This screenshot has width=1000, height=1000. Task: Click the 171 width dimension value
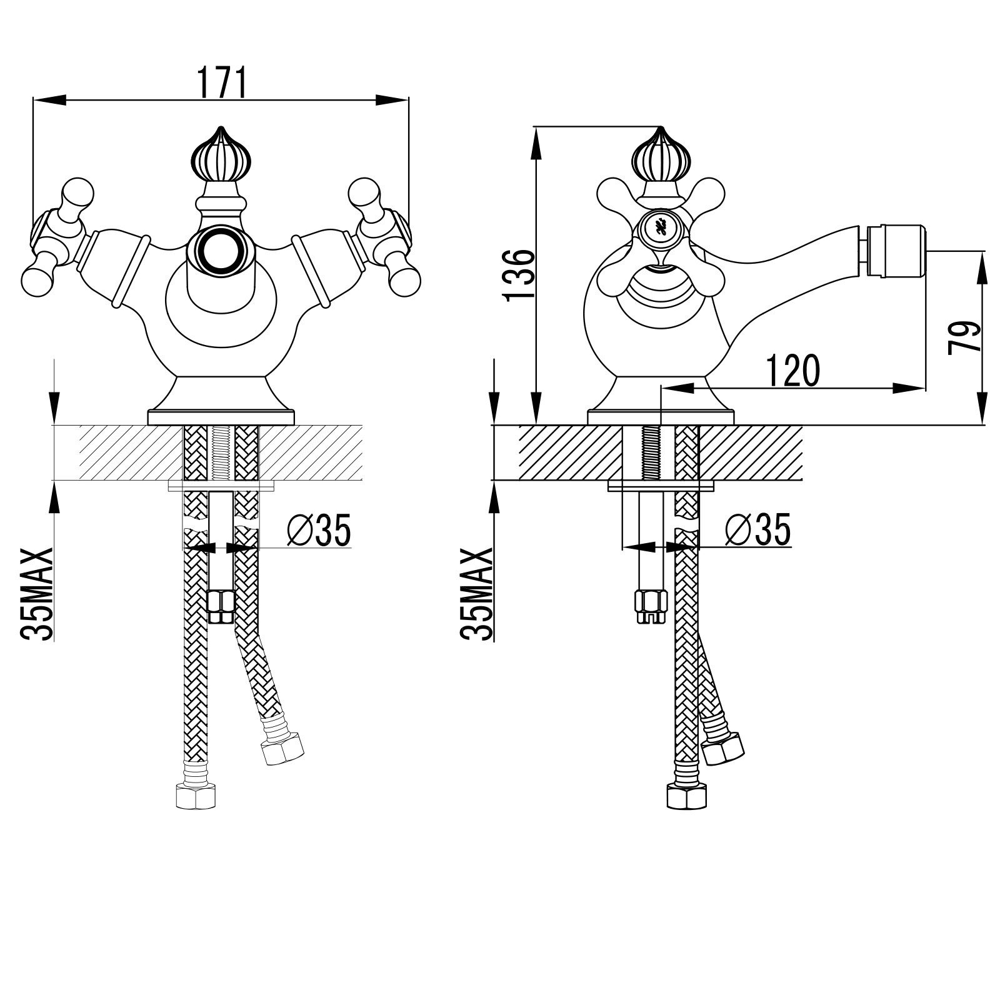[222, 82]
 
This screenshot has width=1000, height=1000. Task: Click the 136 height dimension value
[520, 275]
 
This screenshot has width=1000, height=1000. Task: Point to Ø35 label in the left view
[319, 529]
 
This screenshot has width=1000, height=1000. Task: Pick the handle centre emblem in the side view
[660, 227]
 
